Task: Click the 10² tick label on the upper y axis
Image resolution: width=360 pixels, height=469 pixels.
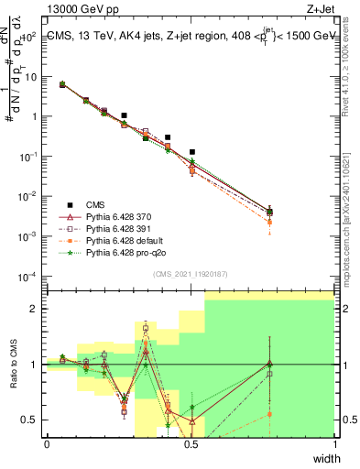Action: [x=32, y=38]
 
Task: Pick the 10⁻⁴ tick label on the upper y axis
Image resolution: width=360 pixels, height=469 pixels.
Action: [x=30, y=276]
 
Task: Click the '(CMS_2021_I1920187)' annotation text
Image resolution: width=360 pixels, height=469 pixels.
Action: [x=190, y=273]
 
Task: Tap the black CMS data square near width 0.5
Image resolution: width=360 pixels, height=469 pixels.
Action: [x=191, y=152]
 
